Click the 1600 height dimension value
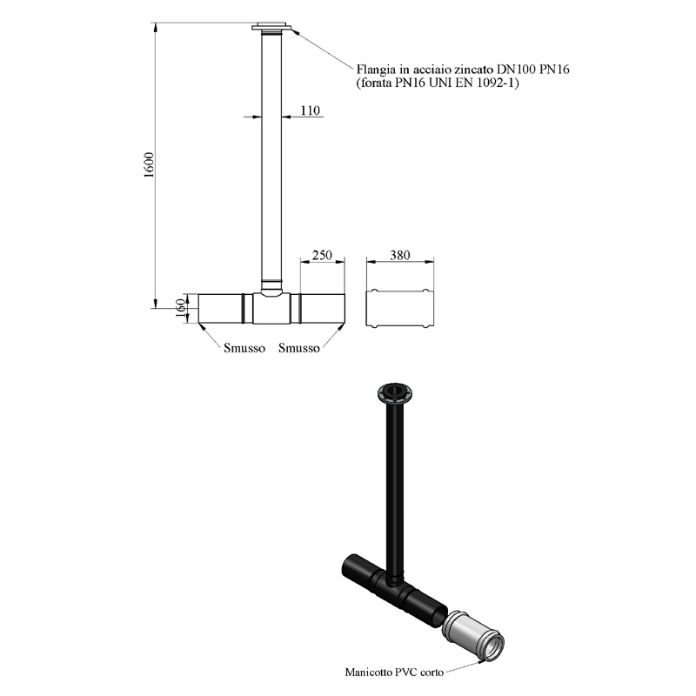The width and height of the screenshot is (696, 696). [x=149, y=165]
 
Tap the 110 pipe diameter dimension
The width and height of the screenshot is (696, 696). [x=310, y=110]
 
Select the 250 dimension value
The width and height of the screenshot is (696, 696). [x=322, y=255]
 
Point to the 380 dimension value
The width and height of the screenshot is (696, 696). [x=399, y=255]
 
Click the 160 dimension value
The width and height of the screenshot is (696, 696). [x=181, y=308]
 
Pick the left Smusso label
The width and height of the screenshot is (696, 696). [x=244, y=348]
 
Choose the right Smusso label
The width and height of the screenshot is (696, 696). [x=298, y=348]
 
